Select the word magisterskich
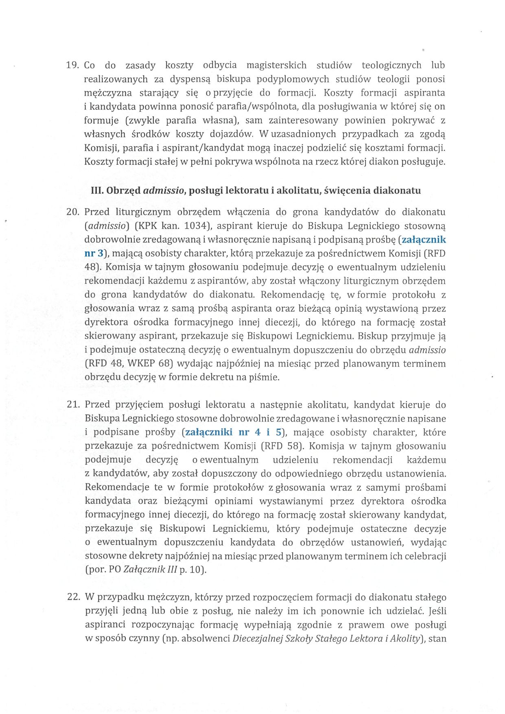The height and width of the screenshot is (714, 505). [x=276, y=66]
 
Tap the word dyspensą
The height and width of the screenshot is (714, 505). [x=190, y=79]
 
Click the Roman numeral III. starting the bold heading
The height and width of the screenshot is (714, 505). [x=97, y=190]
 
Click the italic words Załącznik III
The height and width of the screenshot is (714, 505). [x=150, y=570]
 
